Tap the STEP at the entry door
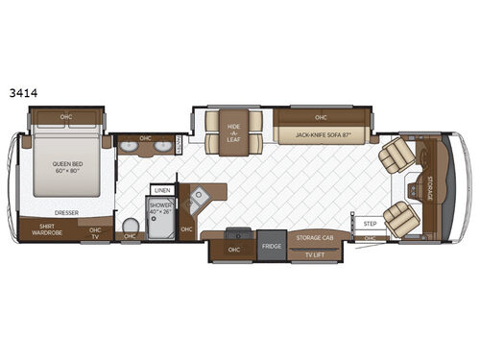(371, 226)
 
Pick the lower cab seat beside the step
(396, 219)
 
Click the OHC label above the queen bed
(65, 118)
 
